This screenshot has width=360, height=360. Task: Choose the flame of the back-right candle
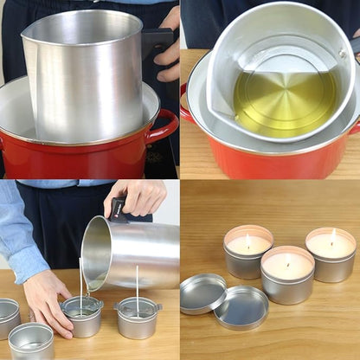(x=332, y=235)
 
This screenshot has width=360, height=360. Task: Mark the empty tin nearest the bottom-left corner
(x=31, y=341)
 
